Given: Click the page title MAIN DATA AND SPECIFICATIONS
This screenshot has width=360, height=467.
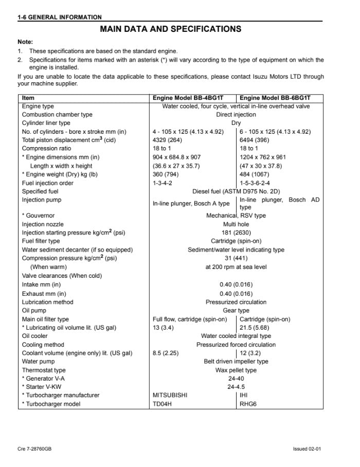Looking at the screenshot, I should [x=170, y=29].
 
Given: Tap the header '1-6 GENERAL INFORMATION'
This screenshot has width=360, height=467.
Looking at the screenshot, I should [x=59, y=17].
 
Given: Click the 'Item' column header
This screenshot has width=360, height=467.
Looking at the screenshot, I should [x=28, y=98].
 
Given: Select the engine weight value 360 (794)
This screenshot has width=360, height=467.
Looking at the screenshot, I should [x=166, y=174].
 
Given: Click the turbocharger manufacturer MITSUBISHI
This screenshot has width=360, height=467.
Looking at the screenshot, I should [x=170, y=396].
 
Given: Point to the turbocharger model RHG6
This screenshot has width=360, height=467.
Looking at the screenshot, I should [x=248, y=404].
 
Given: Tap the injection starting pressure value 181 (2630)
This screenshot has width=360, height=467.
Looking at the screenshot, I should [x=236, y=232].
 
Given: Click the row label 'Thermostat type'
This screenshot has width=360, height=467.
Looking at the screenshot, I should [x=44, y=370].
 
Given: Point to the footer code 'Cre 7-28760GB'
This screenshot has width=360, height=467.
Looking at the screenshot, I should [x=34, y=449].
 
